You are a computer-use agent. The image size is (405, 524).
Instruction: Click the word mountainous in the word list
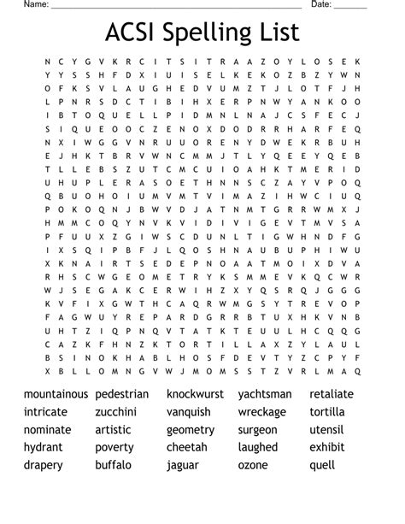click(56, 394)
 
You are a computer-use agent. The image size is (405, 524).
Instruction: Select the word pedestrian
click(122, 394)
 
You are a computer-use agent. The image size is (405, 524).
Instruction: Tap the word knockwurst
click(195, 394)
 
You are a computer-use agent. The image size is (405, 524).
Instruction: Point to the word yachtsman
click(265, 394)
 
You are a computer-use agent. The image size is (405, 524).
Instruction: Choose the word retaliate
click(332, 394)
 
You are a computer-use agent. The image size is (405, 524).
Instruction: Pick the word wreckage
click(262, 412)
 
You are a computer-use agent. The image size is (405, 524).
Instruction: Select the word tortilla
click(327, 412)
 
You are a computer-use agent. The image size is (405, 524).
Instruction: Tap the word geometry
click(191, 430)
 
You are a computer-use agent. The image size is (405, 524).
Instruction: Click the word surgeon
click(257, 430)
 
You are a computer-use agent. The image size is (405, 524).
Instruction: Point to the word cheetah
click(187, 447)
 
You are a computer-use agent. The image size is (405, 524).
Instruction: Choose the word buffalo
click(114, 465)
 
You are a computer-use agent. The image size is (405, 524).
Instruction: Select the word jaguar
click(183, 465)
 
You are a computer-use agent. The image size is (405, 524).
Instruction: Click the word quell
click(322, 465)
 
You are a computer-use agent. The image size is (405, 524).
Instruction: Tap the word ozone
click(253, 465)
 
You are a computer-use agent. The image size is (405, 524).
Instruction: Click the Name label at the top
click(35, 4)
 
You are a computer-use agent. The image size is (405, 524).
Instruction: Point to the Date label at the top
click(320, 4)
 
